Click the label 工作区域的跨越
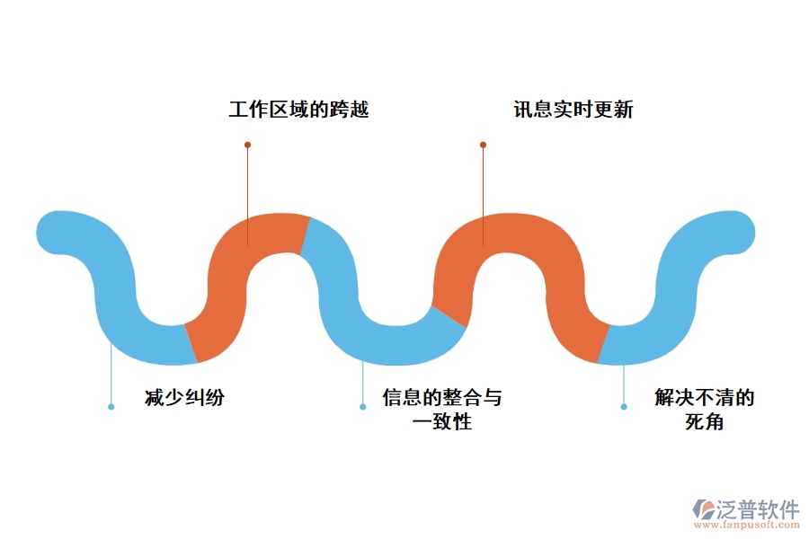[298, 110]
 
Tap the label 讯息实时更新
[573, 110]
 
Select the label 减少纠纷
[184, 398]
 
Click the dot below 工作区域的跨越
[247, 145]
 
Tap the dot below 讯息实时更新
[483, 145]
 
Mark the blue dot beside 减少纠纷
[111, 407]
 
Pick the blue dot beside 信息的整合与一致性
[362, 407]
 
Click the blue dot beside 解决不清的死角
[624, 407]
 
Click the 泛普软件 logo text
[757, 509]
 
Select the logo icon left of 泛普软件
[702, 511]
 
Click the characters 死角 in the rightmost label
[704, 421]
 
